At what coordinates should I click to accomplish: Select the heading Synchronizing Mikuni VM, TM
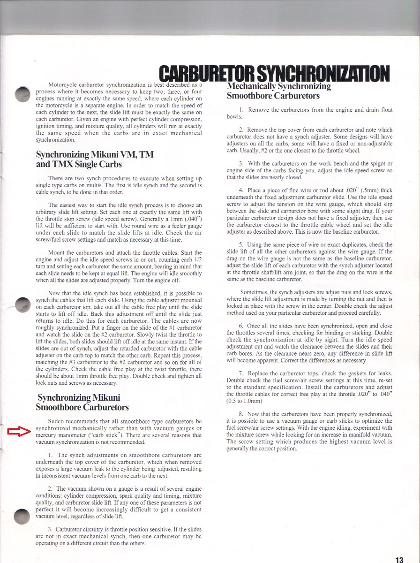pyautogui.click(x=95, y=154)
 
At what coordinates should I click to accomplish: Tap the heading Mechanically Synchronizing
pyautogui.click(x=278, y=86)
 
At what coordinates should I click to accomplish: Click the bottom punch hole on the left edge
pyautogui.click(x=22, y=516)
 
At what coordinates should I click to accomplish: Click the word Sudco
pyautogui.click(x=57, y=421)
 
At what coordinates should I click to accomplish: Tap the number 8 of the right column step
pyautogui.click(x=241, y=414)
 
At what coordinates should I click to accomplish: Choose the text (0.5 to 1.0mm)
pyautogui.click(x=244, y=401)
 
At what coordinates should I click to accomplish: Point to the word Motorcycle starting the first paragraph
pyautogui.click(x=63, y=84)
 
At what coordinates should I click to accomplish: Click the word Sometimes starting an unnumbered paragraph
pyautogui.click(x=255, y=292)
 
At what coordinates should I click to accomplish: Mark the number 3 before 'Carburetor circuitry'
pyautogui.click(x=50, y=530)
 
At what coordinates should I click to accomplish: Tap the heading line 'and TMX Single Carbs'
pyautogui.click(x=79, y=164)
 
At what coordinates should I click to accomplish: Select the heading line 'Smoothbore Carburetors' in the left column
pyautogui.click(x=82, y=407)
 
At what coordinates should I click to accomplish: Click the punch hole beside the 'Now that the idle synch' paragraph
pyautogui.click(x=22, y=304)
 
